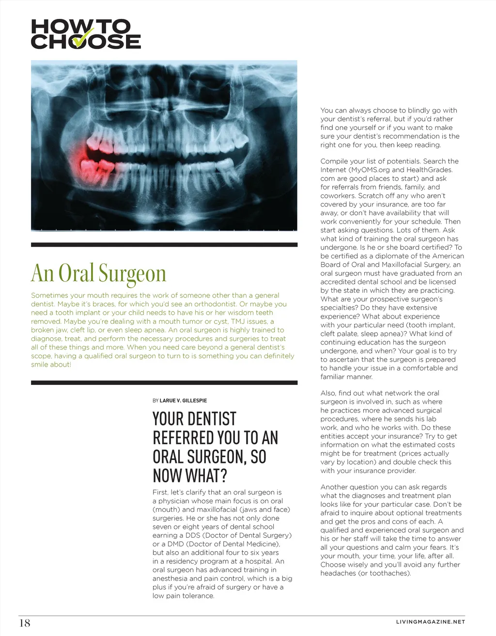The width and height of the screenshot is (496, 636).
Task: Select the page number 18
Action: coord(24,623)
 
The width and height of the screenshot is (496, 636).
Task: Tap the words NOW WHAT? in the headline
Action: coord(190,477)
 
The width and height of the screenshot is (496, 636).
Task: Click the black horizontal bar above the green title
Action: coord(164,245)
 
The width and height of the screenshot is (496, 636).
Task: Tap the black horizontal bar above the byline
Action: coord(164,383)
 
